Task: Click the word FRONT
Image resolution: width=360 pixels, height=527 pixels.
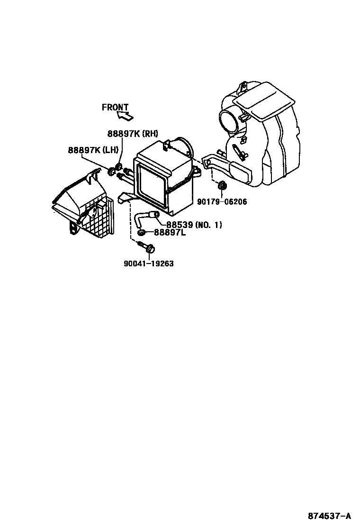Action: (x=115, y=108)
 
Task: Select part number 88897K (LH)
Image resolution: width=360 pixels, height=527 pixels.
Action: (x=93, y=150)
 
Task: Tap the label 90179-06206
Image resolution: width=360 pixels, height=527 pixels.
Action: (x=223, y=202)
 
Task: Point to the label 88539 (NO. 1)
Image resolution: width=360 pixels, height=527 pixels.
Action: (x=194, y=225)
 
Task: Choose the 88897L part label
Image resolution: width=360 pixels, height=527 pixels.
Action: (x=170, y=233)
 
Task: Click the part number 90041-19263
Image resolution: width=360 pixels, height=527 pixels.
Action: (x=149, y=263)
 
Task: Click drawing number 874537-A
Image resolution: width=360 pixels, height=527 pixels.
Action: (x=329, y=516)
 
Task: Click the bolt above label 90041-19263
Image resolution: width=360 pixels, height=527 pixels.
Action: (x=148, y=247)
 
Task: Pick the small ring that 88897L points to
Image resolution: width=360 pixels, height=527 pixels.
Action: (x=141, y=232)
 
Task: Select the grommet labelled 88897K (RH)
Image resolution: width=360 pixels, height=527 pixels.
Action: (x=119, y=166)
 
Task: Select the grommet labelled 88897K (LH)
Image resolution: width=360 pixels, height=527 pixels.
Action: (x=111, y=171)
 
